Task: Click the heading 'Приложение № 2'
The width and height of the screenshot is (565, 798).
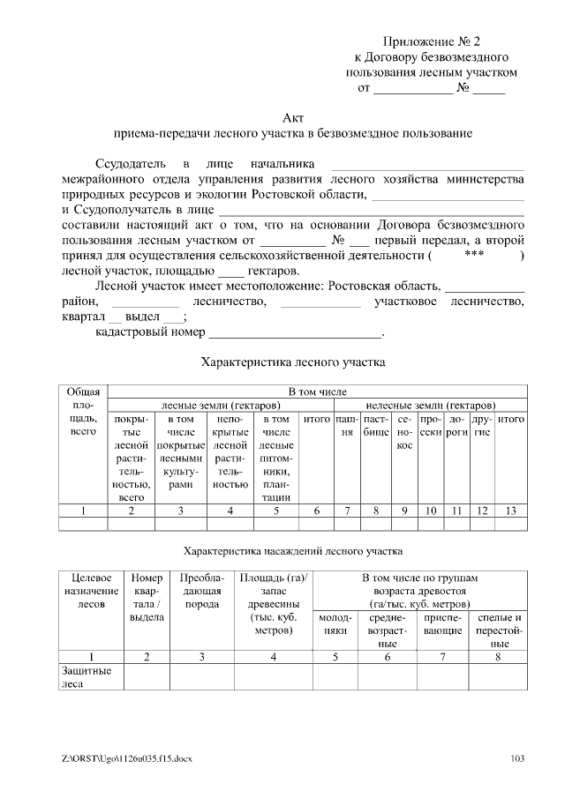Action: point(433,41)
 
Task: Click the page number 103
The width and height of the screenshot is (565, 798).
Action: point(518,759)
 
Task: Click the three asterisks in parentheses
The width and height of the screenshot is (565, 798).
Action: point(473,255)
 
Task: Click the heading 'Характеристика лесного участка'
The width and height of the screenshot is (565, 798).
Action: point(293,362)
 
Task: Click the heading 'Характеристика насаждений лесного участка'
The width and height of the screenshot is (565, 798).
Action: point(292,551)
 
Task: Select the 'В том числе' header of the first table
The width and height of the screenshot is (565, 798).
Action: point(317,391)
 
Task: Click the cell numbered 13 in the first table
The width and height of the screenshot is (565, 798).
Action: point(511,510)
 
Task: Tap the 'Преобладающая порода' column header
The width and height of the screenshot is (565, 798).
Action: point(201,584)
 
